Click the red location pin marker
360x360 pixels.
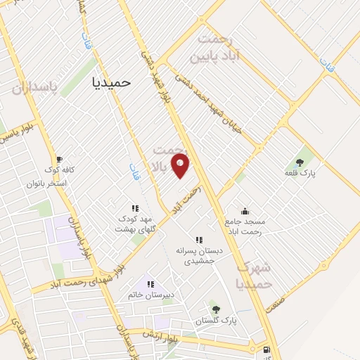point(181,167)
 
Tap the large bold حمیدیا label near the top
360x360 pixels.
point(112,82)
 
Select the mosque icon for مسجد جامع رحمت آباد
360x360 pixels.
point(245,210)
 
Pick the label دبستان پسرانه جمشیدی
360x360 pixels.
point(199,255)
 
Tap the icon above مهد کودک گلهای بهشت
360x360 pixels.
point(135,208)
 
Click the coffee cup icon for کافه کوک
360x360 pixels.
point(59,159)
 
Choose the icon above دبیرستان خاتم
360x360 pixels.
point(150,284)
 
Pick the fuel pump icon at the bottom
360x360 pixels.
point(265,350)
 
